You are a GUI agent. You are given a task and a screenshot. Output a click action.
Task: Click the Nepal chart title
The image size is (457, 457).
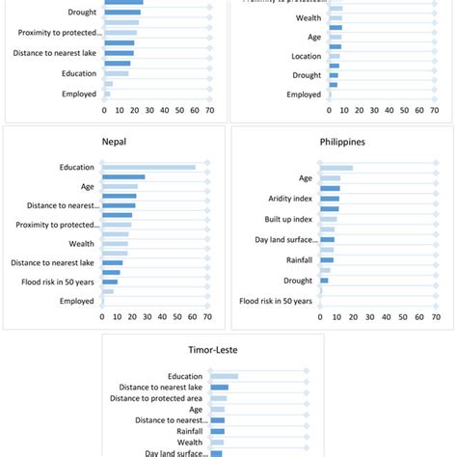tap(114, 142)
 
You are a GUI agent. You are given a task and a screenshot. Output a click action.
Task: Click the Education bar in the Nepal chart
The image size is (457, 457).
tap(148, 168)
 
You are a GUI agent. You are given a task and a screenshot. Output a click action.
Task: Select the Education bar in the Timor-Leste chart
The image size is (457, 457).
tap(224, 376)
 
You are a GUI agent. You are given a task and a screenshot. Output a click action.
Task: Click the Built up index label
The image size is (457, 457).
tap(290, 219)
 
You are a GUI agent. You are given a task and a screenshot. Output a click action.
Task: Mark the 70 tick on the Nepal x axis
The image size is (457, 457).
tap(208, 316)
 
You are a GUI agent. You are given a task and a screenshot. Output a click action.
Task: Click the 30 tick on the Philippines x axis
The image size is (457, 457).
tap(372, 316)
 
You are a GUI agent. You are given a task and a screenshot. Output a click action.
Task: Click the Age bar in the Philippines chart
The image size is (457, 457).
tap(330, 178)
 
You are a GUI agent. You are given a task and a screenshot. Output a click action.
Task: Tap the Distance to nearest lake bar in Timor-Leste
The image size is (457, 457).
tap(219, 388)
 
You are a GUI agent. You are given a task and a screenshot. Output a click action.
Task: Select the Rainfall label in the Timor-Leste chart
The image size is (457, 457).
tap(185, 432)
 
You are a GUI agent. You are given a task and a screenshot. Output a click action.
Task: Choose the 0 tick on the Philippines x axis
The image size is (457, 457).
tap(320, 316)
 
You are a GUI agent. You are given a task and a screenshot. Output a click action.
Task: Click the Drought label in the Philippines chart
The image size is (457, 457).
tap(298, 281)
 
